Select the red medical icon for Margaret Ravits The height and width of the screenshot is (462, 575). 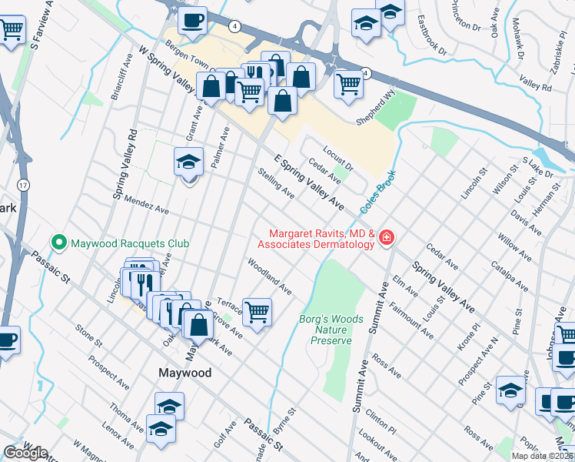[x=385, y=239]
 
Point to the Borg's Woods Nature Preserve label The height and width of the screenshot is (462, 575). [x=326, y=330]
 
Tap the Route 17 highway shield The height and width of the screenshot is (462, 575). [x=24, y=185]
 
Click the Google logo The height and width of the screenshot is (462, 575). [x=25, y=454]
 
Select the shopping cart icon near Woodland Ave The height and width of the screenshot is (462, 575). [x=257, y=312]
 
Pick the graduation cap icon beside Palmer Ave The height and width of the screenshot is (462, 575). [x=188, y=162]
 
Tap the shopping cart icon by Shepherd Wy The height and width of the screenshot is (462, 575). [x=349, y=82]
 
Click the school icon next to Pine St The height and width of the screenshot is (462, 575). [x=510, y=390]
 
